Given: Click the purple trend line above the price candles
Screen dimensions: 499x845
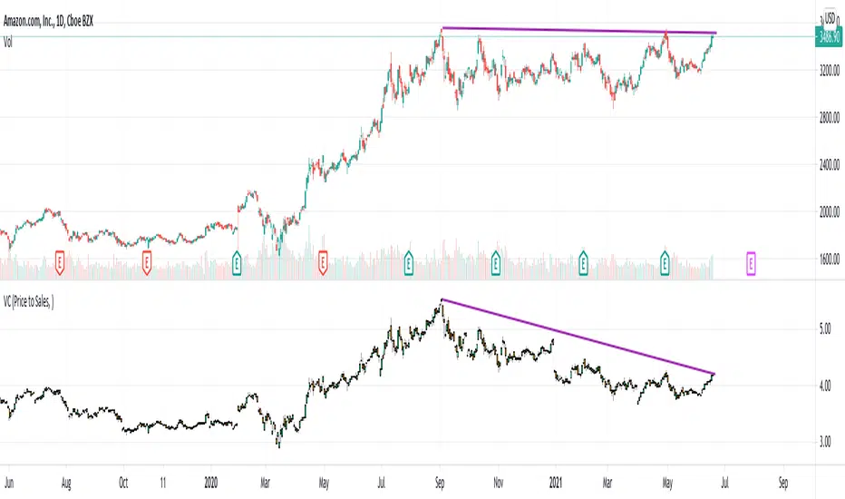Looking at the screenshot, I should [580, 31].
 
